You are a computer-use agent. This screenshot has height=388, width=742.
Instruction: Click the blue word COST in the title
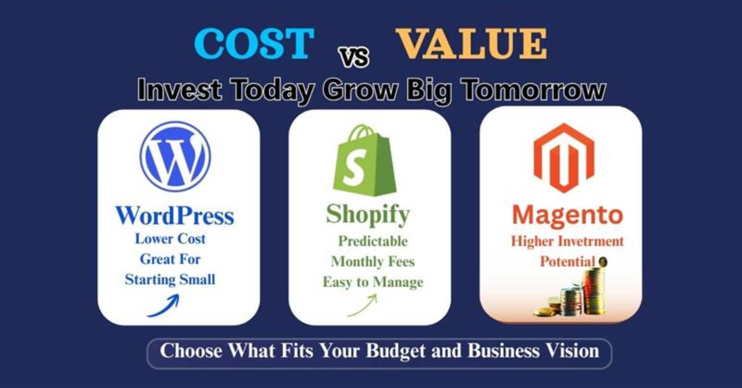pos(254,44)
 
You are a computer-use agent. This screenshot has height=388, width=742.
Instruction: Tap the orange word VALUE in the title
pos(471,44)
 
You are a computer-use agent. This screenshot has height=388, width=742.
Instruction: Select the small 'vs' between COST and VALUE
pos(354,57)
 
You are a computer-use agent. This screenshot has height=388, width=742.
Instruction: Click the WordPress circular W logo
pos(175,156)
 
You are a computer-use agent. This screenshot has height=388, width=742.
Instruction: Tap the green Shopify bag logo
pos(364,159)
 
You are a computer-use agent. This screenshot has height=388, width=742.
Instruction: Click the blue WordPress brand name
pos(175,215)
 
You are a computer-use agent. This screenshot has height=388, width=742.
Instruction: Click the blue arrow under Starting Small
pos(163,305)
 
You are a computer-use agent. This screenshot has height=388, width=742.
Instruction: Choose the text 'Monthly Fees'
pos(373,261)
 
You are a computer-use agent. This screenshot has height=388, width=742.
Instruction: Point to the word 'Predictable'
pos(372,241)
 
